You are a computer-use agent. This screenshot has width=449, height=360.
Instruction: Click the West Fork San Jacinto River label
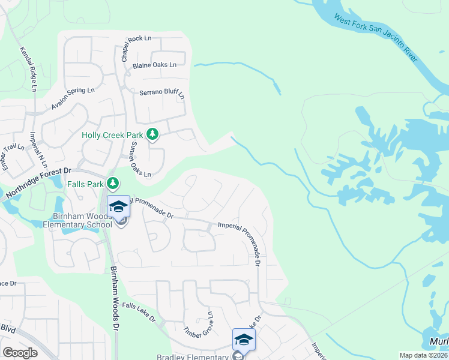pos(376,37)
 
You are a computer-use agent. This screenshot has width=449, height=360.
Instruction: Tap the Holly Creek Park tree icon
pos(152,134)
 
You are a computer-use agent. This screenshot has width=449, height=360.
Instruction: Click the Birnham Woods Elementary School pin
pos(119,207)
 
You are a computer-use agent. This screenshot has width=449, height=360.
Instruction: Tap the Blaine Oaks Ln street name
pos(155,65)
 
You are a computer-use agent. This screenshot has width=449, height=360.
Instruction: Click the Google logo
pos(20,352)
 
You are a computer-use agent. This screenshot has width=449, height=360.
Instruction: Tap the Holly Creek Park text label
pos(114,135)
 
